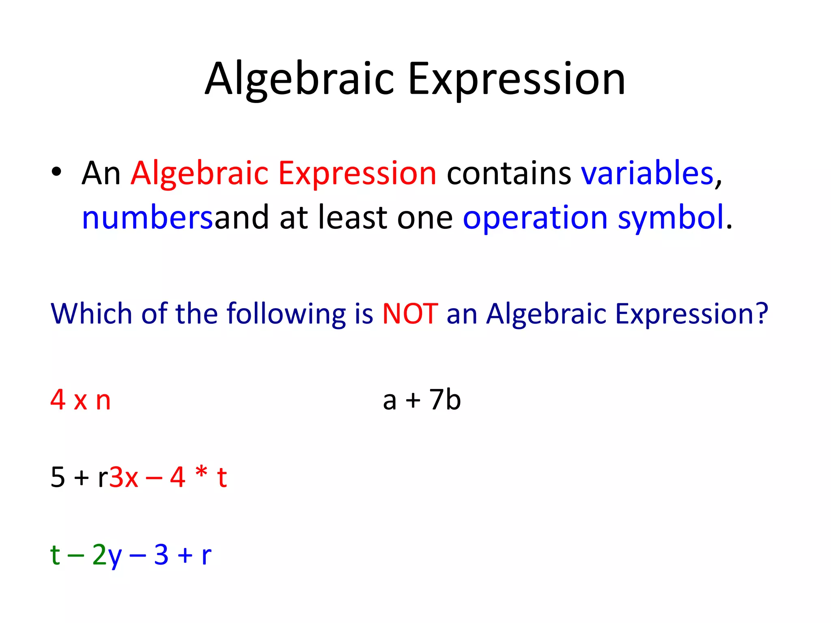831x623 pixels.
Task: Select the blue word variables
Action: click(647, 173)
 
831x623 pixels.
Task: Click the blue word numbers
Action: click(147, 218)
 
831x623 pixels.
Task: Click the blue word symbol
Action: click(670, 218)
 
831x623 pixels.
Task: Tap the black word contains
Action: click(509, 174)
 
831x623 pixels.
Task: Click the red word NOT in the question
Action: click(410, 314)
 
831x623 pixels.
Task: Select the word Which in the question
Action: click(91, 314)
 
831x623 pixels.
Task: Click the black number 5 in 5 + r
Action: click(58, 477)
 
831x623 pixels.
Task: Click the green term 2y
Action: click(107, 555)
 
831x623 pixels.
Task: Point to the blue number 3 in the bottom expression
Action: click(161, 554)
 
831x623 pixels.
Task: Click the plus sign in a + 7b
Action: click(413, 400)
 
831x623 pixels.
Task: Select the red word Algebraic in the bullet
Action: click(199, 174)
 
